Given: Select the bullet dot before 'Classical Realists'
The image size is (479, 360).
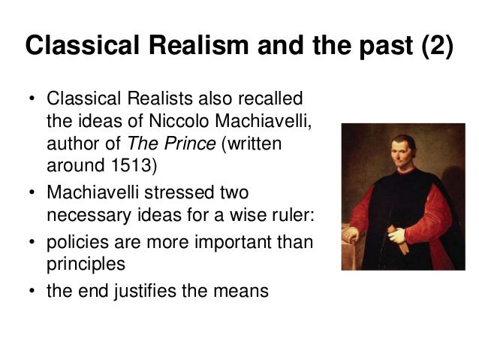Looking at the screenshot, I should pyautogui.click(x=32, y=99).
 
